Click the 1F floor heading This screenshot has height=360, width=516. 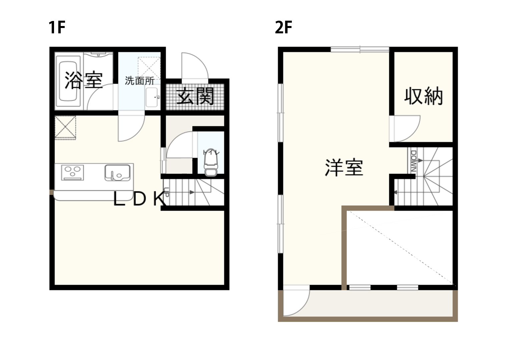(57, 27)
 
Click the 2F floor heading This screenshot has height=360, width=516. (284, 27)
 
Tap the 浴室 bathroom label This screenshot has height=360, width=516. (83, 80)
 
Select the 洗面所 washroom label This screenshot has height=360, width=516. (140, 81)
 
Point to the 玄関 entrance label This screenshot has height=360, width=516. (195, 96)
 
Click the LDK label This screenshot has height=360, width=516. (140, 199)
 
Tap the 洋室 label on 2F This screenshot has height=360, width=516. (344, 168)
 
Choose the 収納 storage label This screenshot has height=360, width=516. (424, 96)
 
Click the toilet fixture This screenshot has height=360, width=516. (210, 163)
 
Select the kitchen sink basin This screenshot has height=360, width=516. (117, 173)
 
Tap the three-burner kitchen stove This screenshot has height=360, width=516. (73, 173)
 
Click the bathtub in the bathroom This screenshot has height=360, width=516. (68, 81)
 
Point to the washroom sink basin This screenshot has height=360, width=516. (152, 97)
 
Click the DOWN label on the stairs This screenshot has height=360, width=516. (414, 161)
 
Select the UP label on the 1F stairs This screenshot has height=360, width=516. (167, 192)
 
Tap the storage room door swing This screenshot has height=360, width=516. (407, 129)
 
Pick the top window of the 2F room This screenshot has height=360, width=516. (360, 49)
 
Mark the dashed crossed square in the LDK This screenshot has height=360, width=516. (65, 128)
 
